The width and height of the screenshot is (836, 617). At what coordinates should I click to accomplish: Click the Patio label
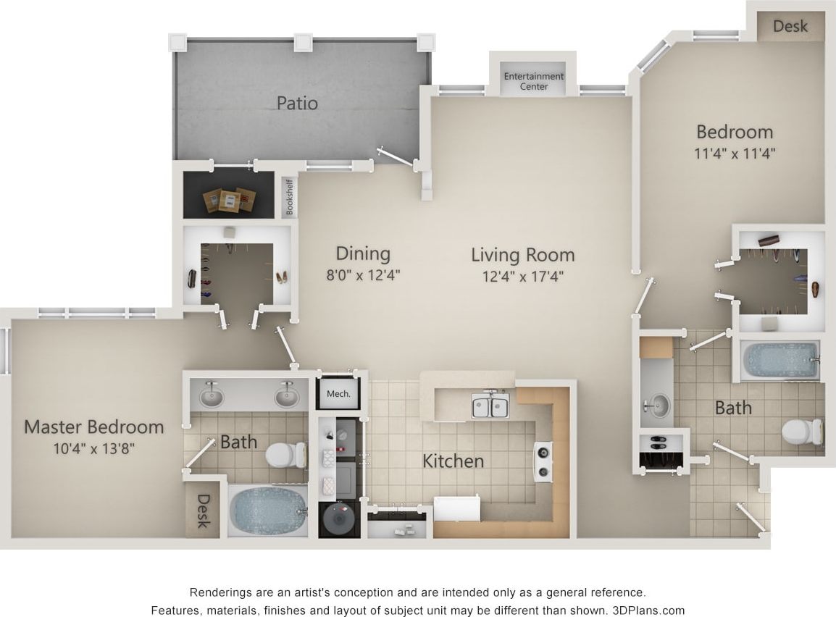297,103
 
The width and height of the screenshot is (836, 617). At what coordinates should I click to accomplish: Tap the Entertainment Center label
534,81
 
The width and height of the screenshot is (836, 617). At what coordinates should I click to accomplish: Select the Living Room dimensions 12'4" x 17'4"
522,275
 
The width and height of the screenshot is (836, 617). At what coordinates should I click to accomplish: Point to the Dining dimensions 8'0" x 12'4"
363,274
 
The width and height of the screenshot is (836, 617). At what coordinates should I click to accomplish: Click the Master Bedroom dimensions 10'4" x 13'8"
93,448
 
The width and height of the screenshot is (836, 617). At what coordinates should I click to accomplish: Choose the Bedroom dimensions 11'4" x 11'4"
735,153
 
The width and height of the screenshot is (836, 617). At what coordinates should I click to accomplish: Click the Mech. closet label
338,394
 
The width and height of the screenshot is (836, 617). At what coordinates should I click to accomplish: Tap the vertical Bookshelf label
290,197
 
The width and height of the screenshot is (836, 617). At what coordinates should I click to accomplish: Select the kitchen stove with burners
543,461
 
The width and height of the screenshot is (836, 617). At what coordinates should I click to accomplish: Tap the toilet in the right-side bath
801,432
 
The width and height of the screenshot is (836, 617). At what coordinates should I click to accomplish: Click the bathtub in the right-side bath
781,360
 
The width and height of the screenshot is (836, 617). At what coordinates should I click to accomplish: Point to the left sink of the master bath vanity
211,395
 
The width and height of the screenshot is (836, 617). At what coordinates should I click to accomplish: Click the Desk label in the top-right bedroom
790,26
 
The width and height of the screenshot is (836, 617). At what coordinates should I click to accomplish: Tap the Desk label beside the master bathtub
203,511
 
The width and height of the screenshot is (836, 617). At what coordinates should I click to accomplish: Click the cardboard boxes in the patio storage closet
230,199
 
